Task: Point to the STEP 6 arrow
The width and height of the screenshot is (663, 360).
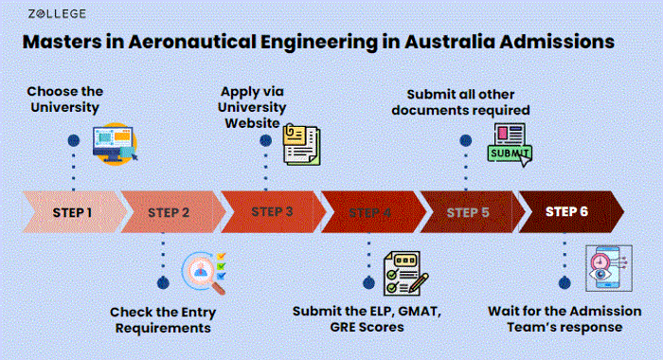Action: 567,211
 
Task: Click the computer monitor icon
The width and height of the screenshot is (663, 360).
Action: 114,143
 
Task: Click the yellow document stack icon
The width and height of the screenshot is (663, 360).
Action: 302,141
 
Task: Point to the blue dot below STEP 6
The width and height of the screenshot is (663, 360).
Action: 565,282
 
